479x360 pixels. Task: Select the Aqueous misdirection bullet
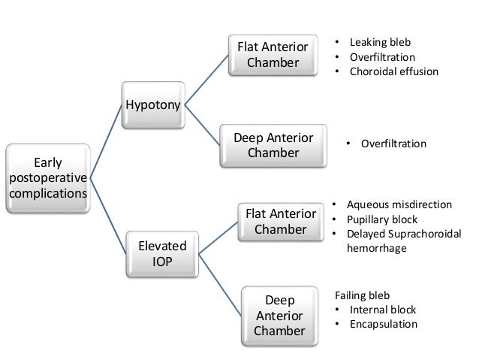click(398, 204)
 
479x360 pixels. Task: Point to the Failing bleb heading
click(363, 295)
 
